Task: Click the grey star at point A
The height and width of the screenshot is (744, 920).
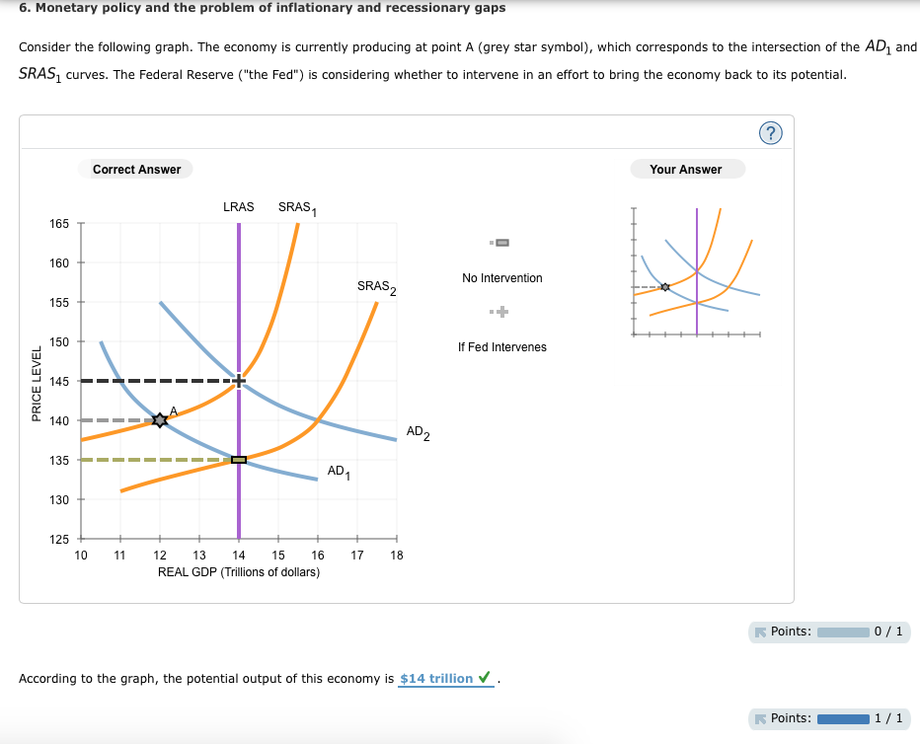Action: tap(160, 420)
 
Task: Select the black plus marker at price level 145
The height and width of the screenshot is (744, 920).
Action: tap(239, 381)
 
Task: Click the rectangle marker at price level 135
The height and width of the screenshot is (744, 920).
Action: tap(239, 460)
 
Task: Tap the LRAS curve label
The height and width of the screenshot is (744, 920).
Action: tap(238, 207)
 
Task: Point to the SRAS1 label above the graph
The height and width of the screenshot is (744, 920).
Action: tap(296, 208)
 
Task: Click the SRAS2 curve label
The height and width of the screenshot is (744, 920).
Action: tap(376, 287)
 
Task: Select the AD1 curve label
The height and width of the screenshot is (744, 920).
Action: tap(338, 472)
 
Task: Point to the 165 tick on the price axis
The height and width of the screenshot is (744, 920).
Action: tap(59, 224)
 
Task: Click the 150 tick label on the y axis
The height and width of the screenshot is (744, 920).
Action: tap(59, 341)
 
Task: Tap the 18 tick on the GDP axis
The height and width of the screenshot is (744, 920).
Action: tap(397, 556)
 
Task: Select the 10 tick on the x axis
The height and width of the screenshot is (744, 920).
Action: tap(81, 556)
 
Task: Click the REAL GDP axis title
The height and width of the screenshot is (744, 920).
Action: tap(239, 572)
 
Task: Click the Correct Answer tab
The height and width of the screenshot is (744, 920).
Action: tap(136, 170)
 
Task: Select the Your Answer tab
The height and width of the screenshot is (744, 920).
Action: tap(686, 170)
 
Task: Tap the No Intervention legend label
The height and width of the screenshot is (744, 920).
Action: tap(501, 278)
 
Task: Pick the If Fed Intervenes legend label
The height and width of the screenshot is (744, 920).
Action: tap(501, 347)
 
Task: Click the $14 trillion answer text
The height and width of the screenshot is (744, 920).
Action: tap(436, 679)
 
